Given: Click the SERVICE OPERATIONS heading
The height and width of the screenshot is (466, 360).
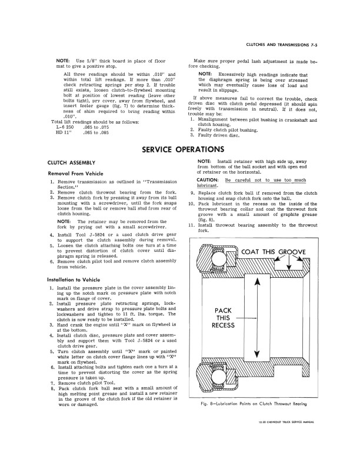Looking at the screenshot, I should (x=179, y=150).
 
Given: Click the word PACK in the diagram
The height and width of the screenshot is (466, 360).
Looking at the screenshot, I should (x=224, y=310).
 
